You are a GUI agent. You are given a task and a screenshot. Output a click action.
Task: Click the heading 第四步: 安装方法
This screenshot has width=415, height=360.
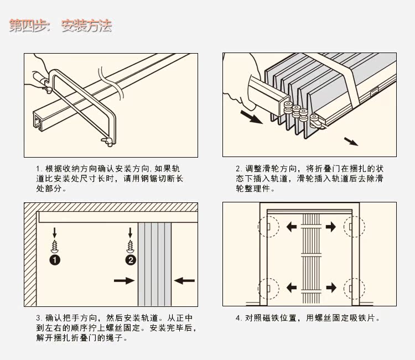(60, 25)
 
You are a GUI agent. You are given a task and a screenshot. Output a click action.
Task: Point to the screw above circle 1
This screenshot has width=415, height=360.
(55, 245)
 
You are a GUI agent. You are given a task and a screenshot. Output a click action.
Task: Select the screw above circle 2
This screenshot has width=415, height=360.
(131, 245)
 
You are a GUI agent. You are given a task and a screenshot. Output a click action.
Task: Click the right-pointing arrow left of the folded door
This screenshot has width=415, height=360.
(124, 281)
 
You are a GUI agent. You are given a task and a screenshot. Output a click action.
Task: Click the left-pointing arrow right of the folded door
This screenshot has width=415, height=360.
(184, 281)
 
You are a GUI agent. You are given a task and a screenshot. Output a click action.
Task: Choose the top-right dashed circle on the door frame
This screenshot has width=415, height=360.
(353, 226)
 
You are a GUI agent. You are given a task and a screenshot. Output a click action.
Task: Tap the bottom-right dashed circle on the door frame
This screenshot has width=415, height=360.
(353, 288)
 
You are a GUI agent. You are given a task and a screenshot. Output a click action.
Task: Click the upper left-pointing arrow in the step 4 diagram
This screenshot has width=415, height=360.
(292, 227)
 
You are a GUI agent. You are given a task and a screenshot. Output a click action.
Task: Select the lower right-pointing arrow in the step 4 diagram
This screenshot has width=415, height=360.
(330, 288)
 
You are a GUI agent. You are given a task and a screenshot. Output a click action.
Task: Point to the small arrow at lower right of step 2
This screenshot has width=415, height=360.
(351, 141)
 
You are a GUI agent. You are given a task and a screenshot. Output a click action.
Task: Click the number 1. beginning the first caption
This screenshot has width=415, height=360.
(39, 169)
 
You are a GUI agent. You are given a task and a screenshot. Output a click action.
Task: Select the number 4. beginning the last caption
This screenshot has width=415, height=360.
(238, 318)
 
